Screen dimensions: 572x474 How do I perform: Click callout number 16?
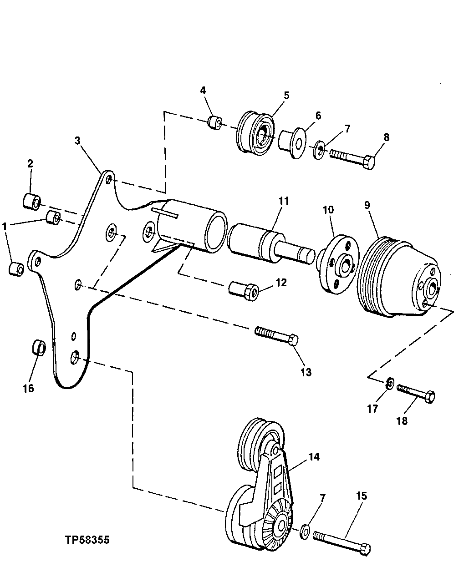[x=28, y=388]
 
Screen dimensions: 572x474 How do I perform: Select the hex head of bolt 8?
[x=369, y=162]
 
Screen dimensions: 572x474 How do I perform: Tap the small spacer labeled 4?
[x=214, y=122]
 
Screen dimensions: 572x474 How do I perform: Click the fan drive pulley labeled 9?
[x=396, y=278]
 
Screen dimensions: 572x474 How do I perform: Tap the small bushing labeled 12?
[x=244, y=290]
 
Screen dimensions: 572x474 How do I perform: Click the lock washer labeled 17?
[x=390, y=384]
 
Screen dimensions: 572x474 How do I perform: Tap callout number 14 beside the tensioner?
[x=313, y=456]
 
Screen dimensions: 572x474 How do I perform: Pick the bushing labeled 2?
[x=32, y=202]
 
